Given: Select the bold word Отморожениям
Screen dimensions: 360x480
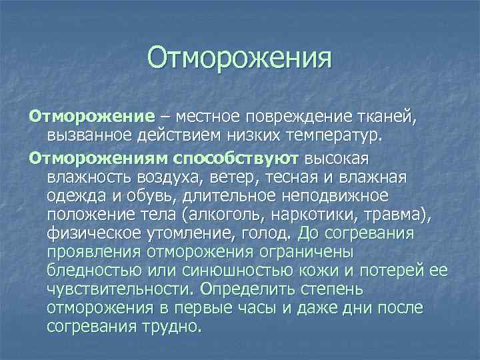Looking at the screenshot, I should point(98,160).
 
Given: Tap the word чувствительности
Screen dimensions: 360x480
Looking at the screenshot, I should point(117,291).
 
